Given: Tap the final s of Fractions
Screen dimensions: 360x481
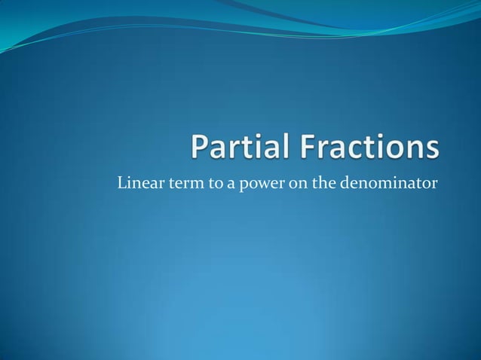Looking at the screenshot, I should click(x=430, y=150).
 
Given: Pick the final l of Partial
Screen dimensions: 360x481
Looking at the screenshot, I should click(x=289, y=148).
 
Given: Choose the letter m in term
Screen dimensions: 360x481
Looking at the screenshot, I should click(x=193, y=184).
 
